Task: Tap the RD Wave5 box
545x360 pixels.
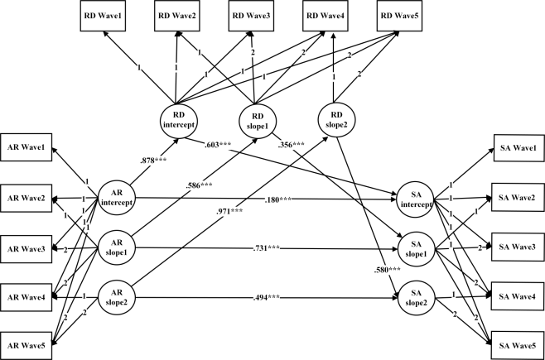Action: tap(402, 15)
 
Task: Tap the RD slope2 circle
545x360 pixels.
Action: tap(336, 121)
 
